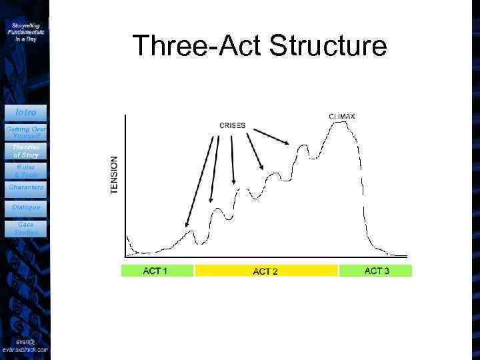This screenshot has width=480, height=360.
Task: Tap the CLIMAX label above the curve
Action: (341, 116)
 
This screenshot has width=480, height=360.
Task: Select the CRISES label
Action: (233, 125)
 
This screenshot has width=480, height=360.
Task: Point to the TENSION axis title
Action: (114, 175)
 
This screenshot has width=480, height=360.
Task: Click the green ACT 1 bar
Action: (157, 271)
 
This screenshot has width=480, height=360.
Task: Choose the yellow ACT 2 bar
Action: (266, 271)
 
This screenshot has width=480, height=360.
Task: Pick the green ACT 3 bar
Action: (376, 271)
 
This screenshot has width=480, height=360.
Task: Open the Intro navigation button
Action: (25, 112)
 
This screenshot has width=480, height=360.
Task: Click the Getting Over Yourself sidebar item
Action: (25, 131)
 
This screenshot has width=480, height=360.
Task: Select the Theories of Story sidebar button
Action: (25, 151)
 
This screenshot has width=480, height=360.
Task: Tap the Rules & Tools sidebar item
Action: (25, 171)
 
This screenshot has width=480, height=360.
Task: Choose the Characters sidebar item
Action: (25, 188)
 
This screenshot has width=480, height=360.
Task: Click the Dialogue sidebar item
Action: (25, 207)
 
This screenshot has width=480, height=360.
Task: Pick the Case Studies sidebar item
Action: (25, 229)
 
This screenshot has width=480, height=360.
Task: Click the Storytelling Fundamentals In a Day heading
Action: (25, 31)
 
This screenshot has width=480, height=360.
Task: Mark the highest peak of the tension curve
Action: (341, 123)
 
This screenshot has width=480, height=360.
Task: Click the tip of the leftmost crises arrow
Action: (186, 229)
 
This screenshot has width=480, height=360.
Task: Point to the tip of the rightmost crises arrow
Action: (289, 143)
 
